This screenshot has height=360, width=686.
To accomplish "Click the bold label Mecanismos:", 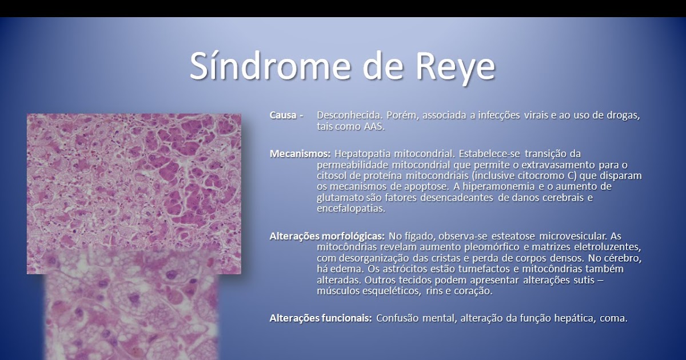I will (x=300, y=154).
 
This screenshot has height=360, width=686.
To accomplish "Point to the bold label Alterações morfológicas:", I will (x=326, y=235).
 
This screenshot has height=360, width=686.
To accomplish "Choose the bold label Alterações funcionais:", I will (x=320, y=318).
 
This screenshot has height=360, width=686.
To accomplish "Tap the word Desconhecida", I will (x=349, y=115).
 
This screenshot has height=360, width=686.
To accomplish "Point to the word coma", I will (x=614, y=318).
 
